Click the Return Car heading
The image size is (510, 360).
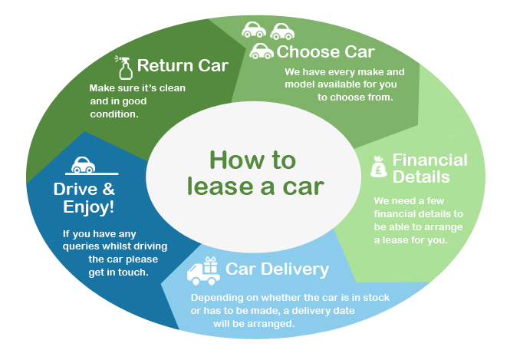[x=183, y=65]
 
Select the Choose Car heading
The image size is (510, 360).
[x=325, y=52]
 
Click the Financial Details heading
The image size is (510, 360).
[x=429, y=168]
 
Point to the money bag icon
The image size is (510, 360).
[x=380, y=167]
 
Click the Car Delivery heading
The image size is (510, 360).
[x=277, y=269]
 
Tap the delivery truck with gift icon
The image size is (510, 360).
[x=204, y=270]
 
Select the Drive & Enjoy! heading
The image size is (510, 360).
[x=84, y=197]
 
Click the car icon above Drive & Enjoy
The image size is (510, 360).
[x=83, y=165]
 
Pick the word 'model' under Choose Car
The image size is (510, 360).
[x=301, y=84]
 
